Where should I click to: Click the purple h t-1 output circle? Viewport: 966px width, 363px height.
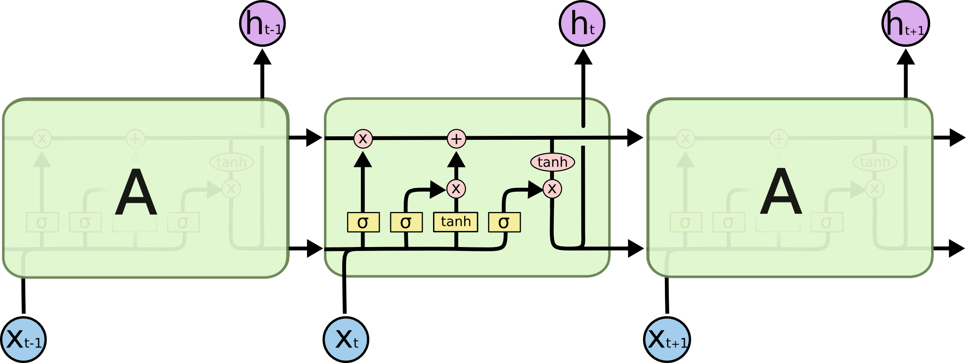point(262,23)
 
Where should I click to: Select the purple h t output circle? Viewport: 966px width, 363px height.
point(582,23)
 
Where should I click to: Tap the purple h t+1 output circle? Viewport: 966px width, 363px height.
point(905,23)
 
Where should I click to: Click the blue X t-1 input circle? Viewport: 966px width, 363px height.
point(23,340)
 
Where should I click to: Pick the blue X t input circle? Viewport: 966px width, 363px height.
point(346,340)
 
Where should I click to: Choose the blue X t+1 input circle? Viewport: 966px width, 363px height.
point(667,340)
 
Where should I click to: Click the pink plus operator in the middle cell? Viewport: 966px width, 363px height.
point(456,139)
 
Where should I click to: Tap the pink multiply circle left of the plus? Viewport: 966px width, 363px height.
point(363,138)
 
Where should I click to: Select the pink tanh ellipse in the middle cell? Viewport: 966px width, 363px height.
point(552,162)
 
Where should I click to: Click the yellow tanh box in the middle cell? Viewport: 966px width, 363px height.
point(456,222)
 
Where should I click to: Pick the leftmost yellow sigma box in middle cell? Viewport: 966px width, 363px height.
point(363,222)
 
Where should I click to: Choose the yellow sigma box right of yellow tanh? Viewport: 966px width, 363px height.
point(504,222)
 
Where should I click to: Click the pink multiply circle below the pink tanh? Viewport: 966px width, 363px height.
point(552,189)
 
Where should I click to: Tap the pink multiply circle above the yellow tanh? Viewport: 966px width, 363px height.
point(456,189)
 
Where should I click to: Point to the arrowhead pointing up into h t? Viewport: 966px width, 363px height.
point(583,57)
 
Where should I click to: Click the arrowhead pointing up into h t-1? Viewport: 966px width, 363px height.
point(262,57)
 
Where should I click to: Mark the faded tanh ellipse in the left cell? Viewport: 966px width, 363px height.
point(231,162)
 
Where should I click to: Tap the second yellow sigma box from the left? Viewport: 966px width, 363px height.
point(406,222)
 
